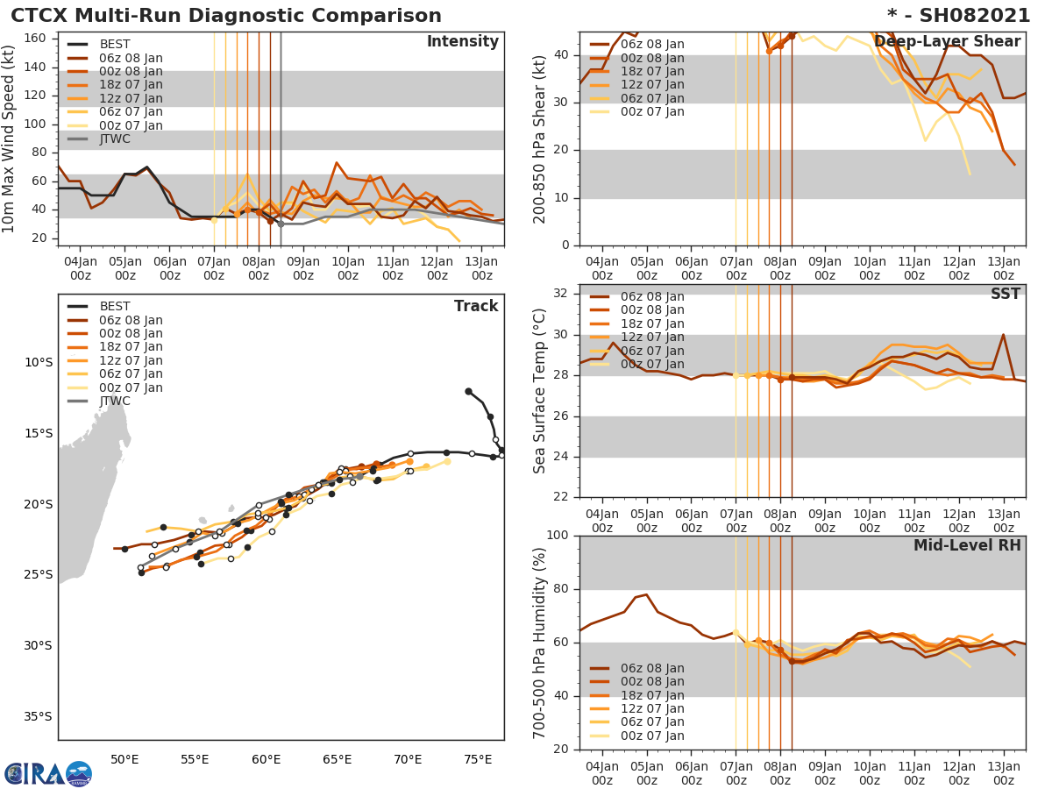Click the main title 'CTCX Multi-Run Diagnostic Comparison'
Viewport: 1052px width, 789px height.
(226, 16)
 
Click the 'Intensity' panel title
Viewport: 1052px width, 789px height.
(462, 42)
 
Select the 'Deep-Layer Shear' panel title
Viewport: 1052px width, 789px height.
(947, 42)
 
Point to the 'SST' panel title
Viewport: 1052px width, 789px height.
(1005, 295)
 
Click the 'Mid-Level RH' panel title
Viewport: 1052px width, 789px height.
(966, 546)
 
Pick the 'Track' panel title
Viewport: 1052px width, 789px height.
(476, 306)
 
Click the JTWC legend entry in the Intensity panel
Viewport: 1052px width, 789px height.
(115, 139)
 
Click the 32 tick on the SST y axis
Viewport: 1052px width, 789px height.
(563, 294)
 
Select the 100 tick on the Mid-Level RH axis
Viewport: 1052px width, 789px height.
(558, 536)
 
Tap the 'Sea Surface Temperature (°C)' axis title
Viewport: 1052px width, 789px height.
(540, 390)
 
